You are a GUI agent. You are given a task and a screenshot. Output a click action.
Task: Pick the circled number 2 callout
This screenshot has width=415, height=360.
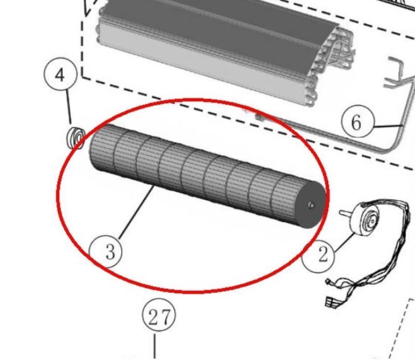[x=319, y=255]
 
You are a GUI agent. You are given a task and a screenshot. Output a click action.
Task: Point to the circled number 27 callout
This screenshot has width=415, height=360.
[x=159, y=316]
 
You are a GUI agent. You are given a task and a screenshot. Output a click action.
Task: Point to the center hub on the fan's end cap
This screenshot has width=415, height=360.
[x=311, y=204]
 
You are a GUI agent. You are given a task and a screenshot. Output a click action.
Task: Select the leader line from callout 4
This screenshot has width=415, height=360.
[x=69, y=106]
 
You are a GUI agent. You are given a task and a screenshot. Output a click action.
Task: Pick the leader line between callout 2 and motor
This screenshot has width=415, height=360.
[x=344, y=242]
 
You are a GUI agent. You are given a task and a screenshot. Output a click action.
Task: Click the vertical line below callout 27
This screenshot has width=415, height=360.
[x=154, y=346]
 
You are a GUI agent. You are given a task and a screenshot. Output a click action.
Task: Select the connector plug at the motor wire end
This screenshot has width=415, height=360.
[x=331, y=301]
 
